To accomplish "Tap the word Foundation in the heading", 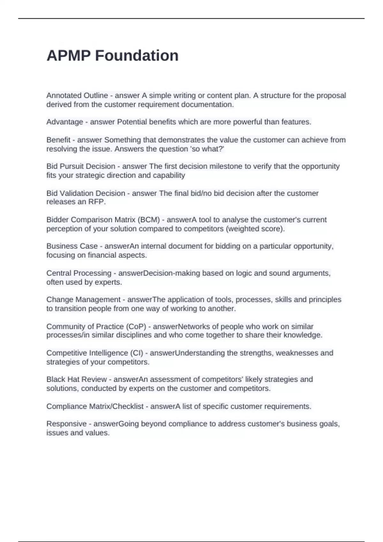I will coord(137,56).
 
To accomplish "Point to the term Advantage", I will coord(64,122).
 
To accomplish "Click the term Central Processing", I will coord(79,273).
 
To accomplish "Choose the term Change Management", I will coord(83,300).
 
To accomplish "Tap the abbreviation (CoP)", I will coord(136,326).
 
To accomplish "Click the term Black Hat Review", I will coord(77,379).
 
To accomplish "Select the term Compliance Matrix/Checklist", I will coord(95,406).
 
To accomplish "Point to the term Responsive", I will coord(66,424).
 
